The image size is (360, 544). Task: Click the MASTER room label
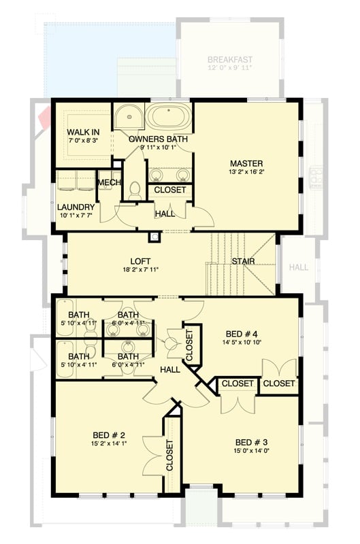[246, 163]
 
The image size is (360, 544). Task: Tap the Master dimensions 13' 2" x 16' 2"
[246, 173]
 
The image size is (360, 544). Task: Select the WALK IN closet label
[84, 132]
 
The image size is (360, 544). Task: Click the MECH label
[109, 182]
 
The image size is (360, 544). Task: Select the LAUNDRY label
[75, 207]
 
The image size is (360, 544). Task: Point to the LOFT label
[140, 260]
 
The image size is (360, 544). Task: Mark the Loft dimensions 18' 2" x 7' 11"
[140, 270]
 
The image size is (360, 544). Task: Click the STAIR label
[243, 260]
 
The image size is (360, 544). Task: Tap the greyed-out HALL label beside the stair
[299, 267]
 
